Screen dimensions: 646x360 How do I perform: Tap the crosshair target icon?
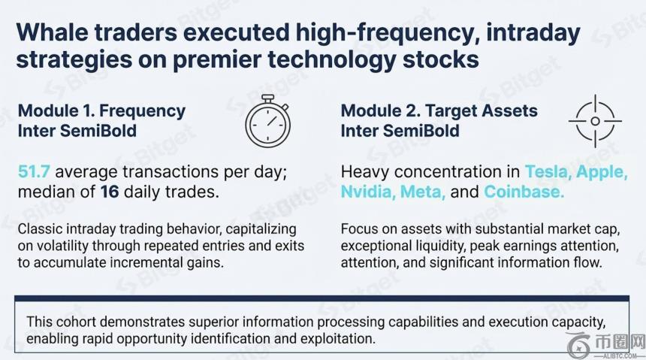click(x=595, y=121)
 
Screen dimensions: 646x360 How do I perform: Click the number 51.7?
click(x=34, y=171)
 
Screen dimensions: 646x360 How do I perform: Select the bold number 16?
click(x=110, y=192)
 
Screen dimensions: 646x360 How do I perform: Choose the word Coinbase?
click(x=524, y=192)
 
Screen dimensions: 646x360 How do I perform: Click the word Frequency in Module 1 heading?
click(x=143, y=111)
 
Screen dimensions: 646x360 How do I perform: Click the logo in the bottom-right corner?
click(x=605, y=345)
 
